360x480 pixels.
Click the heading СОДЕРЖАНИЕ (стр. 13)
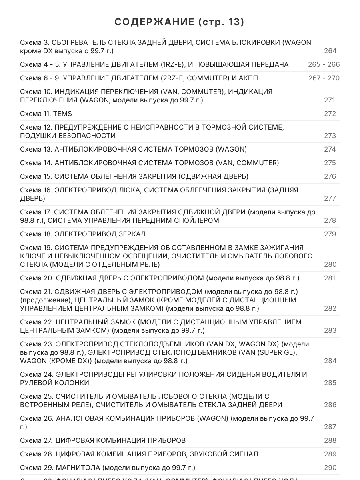(x=180, y=22)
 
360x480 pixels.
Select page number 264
(x=330, y=51)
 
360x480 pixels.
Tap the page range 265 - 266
(x=324, y=64)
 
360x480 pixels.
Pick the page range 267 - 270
(x=324, y=78)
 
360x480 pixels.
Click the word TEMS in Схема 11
(x=62, y=114)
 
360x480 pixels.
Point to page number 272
(x=330, y=114)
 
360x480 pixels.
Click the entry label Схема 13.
(x=36, y=149)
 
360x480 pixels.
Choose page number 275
(x=330, y=163)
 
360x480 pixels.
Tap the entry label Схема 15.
(x=36, y=176)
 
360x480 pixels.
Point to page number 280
(x=330, y=264)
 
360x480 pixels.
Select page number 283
(x=330, y=330)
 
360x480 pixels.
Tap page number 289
(x=330, y=454)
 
